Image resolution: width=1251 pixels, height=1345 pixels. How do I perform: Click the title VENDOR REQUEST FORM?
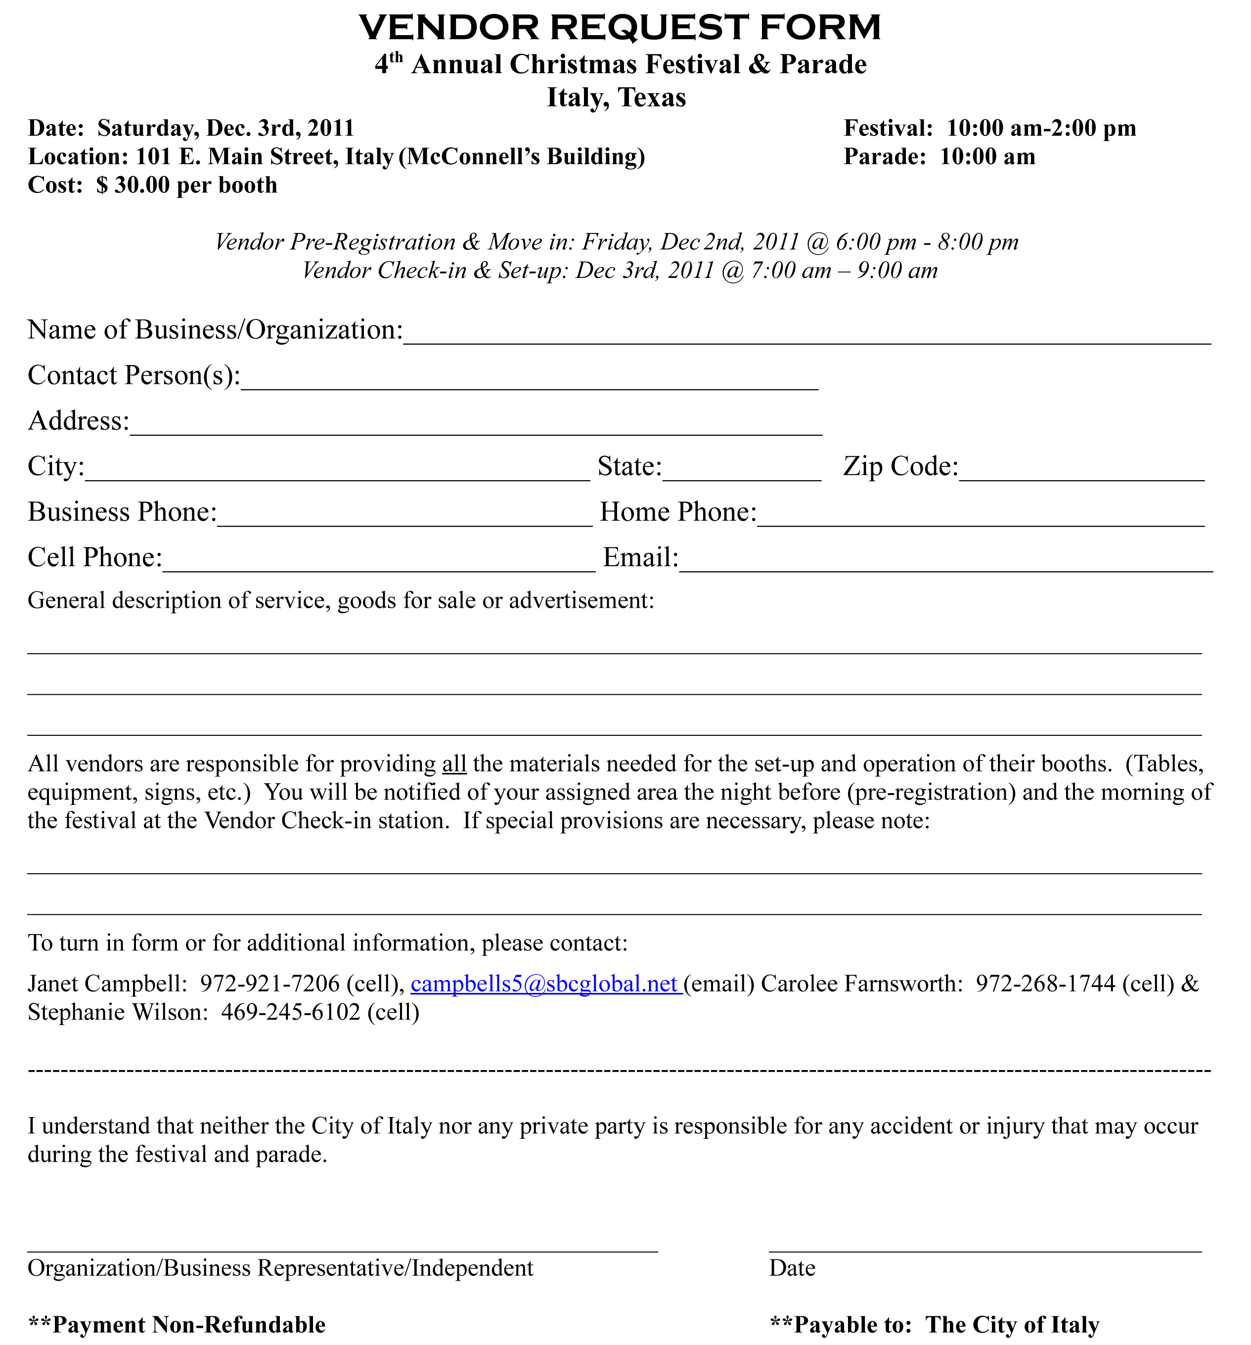coord(619,28)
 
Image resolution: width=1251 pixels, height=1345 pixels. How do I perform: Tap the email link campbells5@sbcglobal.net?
coord(544,983)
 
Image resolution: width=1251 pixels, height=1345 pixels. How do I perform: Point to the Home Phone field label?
coord(677,512)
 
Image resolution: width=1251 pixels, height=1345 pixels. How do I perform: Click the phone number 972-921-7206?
coord(270,983)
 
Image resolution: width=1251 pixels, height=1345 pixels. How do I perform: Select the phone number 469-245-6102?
coord(290,1012)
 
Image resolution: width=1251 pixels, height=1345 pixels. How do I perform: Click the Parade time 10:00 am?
coord(986,156)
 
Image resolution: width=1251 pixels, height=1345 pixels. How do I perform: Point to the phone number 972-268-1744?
coord(1045,983)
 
